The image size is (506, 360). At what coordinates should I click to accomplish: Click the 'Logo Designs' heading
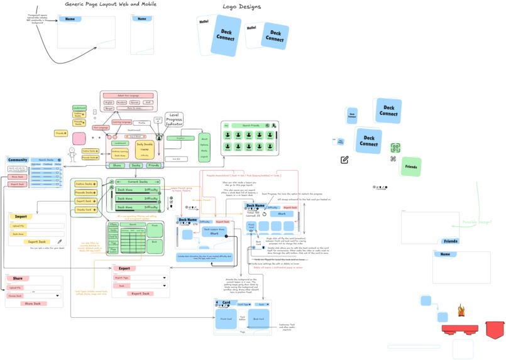(x=241, y=7)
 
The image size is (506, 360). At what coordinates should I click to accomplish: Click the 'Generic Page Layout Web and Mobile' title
(x=111, y=4)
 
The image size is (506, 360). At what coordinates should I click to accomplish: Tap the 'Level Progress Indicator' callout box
(x=173, y=119)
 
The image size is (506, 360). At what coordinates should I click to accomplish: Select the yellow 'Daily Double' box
(x=145, y=146)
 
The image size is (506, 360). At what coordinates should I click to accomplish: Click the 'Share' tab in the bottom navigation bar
(x=117, y=165)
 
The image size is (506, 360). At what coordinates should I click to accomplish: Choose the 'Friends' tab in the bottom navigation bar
(x=153, y=165)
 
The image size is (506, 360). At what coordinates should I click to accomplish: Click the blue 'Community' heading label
(x=18, y=160)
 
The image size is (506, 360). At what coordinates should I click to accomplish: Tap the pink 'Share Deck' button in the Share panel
(x=33, y=303)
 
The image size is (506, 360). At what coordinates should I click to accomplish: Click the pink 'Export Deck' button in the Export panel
(x=140, y=293)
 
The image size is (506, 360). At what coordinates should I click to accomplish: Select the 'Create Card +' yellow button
(x=86, y=210)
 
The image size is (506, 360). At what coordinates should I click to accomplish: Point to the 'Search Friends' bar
(x=251, y=126)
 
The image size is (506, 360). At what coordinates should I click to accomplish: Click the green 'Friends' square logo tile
(x=410, y=166)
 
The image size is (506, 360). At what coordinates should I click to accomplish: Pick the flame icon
(x=461, y=310)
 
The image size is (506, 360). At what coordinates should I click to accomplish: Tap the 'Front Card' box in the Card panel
(x=226, y=319)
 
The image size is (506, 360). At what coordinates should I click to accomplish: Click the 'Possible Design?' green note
(x=477, y=222)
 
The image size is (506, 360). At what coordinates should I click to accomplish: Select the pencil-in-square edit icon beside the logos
(x=344, y=160)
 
